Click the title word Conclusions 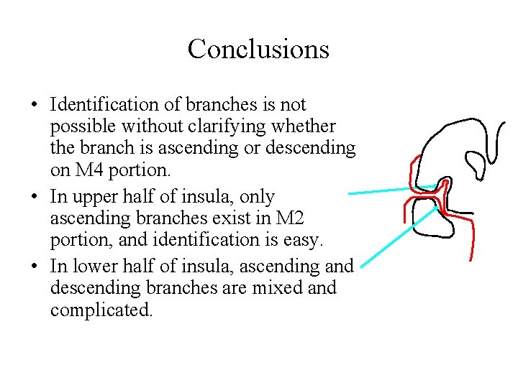coord(258,50)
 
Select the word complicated coord(101,312)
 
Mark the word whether coord(306,126)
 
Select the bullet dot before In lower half coord(35,267)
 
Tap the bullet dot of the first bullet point coord(35,106)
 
